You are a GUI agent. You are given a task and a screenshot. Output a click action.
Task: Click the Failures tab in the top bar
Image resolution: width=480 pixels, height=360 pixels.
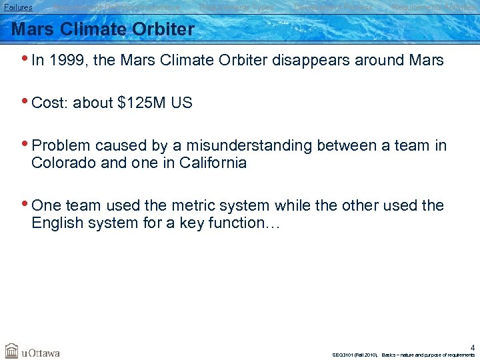(x=18, y=7)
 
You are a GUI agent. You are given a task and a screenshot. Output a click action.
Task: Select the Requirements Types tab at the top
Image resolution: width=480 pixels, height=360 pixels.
(x=237, y=7)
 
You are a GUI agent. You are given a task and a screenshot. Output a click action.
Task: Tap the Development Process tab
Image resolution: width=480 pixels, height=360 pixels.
(x=333, y=7)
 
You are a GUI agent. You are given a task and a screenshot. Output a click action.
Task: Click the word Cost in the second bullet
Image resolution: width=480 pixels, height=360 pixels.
(x=49, y=103)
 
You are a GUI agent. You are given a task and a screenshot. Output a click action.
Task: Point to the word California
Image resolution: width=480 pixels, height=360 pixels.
(x=213, y=163)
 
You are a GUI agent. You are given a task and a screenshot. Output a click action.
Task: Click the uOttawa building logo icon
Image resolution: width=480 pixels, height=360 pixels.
(x=12, y=351)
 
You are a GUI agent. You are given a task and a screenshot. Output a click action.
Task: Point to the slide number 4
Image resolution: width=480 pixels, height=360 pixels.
(x=472, y=347)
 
